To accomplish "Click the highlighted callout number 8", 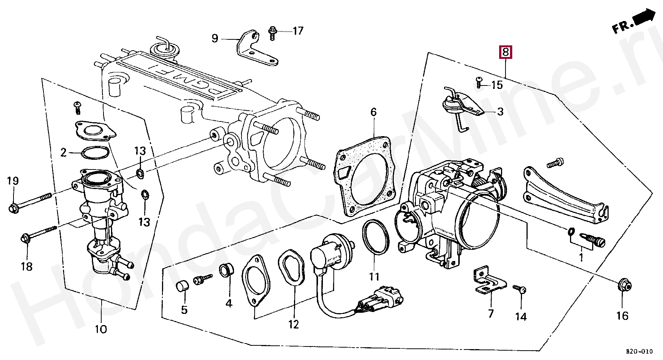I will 505,52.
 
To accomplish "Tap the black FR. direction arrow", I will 643,18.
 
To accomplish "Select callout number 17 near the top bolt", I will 298,31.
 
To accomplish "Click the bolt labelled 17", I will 272,33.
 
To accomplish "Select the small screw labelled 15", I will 479,82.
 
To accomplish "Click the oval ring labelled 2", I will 95,153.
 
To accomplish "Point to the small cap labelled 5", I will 182,286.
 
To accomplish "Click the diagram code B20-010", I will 639,351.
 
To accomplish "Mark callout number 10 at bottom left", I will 100,329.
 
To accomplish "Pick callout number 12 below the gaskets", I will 293,324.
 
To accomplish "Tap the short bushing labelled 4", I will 226,270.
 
